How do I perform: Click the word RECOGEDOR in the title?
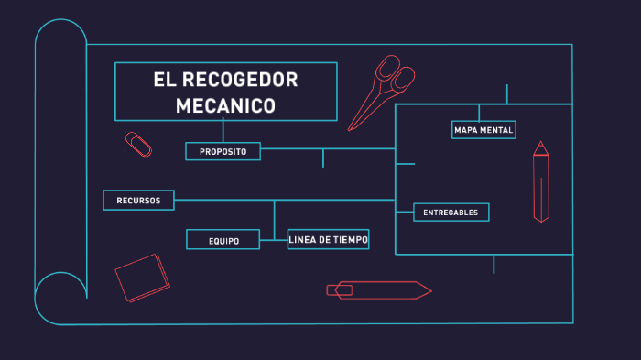[x=240, y=80]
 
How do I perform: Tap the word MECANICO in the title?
[x=226, y=105]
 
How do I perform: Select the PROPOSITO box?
[x=223, y=151]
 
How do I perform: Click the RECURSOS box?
[x=138, y=200]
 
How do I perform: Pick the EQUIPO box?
[x=223, y=240]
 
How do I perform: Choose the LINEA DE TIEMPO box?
[x=328, y=239]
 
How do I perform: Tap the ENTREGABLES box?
[x=451, y=213]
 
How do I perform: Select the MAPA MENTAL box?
[x=483, y=130]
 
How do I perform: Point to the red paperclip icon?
[x=138, y=144]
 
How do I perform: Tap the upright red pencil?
[x=541, y=183]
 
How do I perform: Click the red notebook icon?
[x=142, y=278]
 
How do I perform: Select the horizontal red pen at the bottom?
[x=379, y=290]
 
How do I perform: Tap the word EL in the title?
[x=164, y=80]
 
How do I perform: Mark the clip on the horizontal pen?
[x=341, y=290]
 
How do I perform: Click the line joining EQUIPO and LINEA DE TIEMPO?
[x=273, y=240]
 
